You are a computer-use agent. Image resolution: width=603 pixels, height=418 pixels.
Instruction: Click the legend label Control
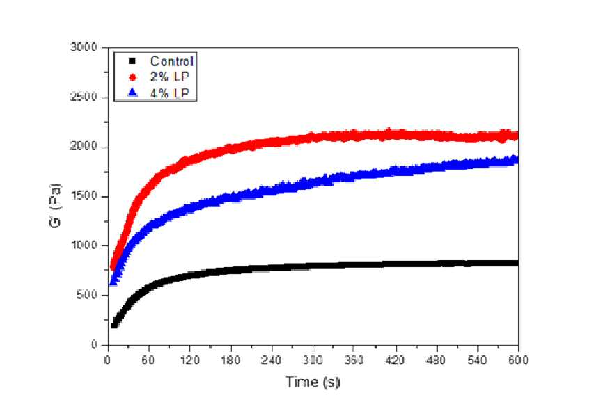(x=171, y=61)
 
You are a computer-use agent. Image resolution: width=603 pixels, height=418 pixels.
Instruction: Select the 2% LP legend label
(x=170, y=77)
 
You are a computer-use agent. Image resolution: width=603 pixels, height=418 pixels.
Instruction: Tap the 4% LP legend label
(x=170, y=93)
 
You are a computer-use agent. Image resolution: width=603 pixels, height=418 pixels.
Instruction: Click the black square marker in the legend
(x=132, y=61)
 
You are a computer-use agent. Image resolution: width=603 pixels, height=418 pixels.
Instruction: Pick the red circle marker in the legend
(x=132, y=77)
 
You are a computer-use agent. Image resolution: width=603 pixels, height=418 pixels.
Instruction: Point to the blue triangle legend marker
(x=132, y=93)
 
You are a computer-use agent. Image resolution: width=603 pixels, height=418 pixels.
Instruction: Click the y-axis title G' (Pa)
(x=56, y=206)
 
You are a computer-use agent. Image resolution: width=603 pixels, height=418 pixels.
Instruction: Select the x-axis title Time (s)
(x=313, y=383)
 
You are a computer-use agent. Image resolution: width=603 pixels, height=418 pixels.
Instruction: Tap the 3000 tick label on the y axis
(x=84, y=47)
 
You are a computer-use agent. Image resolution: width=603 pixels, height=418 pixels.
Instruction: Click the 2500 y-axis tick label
(x=84, y=97)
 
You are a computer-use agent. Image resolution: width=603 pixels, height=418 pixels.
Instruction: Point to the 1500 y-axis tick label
(x=84, y=196)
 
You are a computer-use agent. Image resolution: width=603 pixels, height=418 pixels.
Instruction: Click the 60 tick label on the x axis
(x=148, y=360)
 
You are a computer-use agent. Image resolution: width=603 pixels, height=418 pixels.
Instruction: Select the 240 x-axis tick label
(x=272, y=360)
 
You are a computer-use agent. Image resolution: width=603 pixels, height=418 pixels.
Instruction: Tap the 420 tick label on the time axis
(x=395, y=360)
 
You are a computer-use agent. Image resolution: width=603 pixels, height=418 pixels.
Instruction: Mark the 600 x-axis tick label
(x=518, y=360)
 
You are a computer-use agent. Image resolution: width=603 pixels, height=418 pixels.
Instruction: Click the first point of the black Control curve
(x=113, y=325)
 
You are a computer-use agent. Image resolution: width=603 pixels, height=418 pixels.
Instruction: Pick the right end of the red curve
(x=517, y=135)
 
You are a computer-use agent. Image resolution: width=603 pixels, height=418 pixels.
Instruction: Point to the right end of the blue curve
(x=517, y=159)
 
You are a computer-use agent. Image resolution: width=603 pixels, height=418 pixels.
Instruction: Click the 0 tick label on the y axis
(x=94, y=345)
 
